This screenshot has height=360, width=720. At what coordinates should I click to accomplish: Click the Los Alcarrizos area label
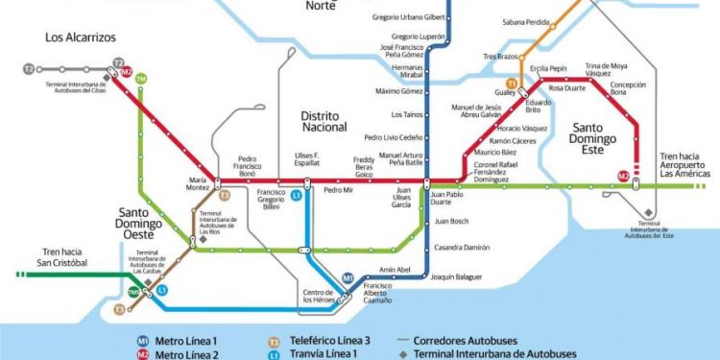coord(81,37)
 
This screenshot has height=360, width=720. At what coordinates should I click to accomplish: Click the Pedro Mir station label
coord(339,190)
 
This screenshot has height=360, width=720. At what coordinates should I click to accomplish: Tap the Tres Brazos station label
coord(499,57)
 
